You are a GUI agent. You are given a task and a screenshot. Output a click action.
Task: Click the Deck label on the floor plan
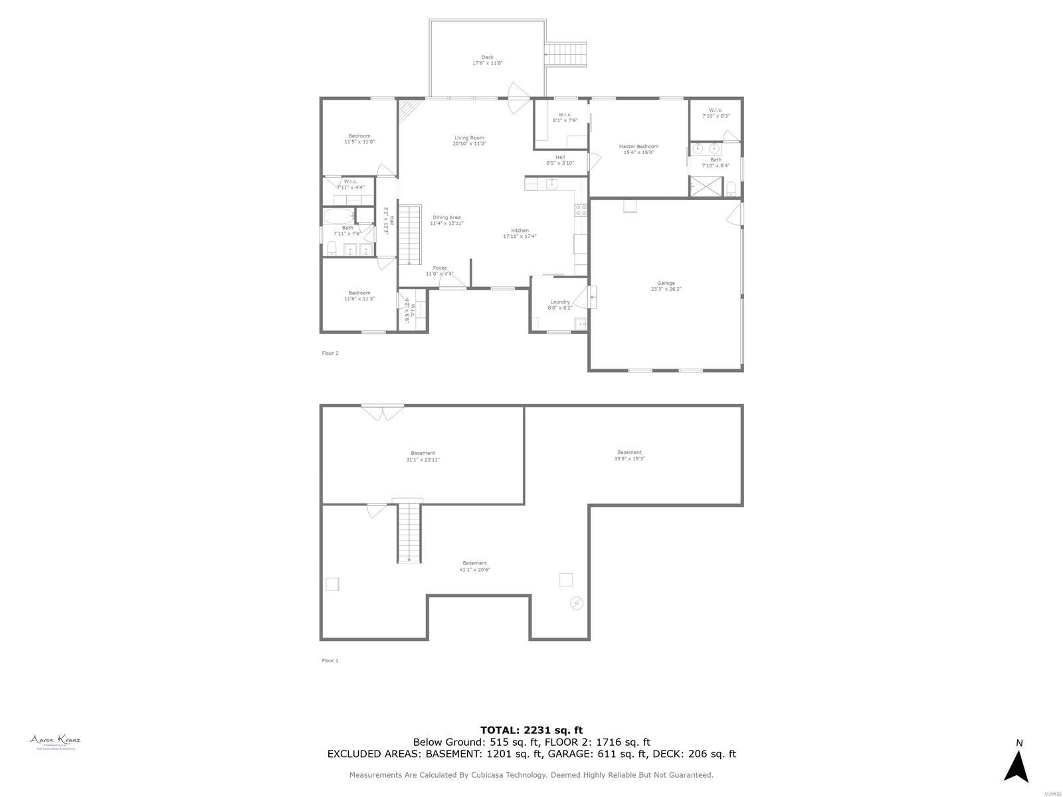pyautogui.click(x=488, y=60)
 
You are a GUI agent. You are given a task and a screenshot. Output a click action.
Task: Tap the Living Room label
pyautogui.click(x=469, y=141)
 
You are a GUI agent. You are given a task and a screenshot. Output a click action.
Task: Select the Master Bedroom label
pyautogui.click(x=638, y=149)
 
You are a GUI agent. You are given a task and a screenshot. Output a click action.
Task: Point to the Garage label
pyautogui.click(x=666, y=286)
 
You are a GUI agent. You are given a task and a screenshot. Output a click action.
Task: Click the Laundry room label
pyautogui.click(x=560, y=305)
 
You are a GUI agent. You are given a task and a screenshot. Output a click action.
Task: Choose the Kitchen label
pyautogui.click(x=520, y=233)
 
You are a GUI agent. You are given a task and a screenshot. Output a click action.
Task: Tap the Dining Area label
pyautogui.click(x=446, y=221)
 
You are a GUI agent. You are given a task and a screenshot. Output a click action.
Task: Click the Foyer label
pyautogui.click(x=440, y=271)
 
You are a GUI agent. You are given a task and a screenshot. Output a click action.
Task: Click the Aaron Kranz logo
pyautogui.click(x=54, y=742)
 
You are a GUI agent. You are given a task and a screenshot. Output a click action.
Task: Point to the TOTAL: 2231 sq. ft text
pyautogui.click(x=531, y=731)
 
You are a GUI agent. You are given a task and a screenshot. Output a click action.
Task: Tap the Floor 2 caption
pyautogui.click(x=330, y=353)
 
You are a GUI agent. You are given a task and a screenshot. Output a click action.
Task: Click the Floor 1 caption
pyautogui.click(x=330, y=661)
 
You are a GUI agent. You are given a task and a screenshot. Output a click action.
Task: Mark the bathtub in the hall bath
pyautogui.click(x=338, y=217)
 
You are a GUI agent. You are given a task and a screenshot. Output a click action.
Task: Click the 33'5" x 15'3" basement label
pyautogui.click(x=629, y=456)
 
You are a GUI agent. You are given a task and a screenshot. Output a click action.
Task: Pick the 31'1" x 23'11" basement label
pyautogui.click(x=423, y=456)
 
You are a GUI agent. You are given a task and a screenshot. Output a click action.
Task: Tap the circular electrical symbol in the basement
pyautogui.click(x=577, y=603)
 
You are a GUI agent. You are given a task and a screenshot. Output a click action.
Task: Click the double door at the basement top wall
pyautogui.click(x=383, y=412)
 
